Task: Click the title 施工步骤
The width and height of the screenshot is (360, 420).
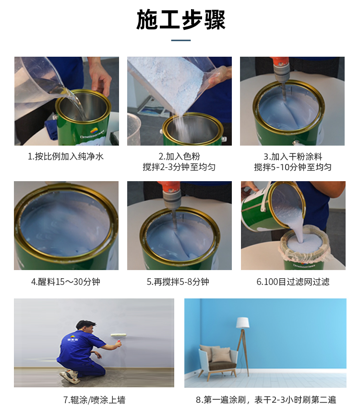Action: click(x=181, y=20)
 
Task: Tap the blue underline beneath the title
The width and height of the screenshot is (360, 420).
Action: click(x=181, y=40)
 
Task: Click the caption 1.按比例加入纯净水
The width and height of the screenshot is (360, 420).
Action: click(x=66, y=157)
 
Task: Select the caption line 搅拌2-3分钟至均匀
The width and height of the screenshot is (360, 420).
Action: click(x=179, y=167)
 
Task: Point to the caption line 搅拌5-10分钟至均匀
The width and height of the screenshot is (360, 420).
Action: click(x=293, y=167)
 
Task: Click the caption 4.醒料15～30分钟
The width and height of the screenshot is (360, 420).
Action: click(x=66, y=282)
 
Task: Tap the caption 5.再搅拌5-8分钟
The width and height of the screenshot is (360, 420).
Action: click(x=178, y=282)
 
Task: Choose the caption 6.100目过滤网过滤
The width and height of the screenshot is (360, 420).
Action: click(x=293, y=282)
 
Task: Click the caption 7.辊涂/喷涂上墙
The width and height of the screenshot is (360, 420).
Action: click(x=94, y=400)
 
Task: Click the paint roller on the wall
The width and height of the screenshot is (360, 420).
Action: click(x=119, y=337)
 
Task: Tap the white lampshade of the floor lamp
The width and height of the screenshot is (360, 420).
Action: click(x=242, y=323)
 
